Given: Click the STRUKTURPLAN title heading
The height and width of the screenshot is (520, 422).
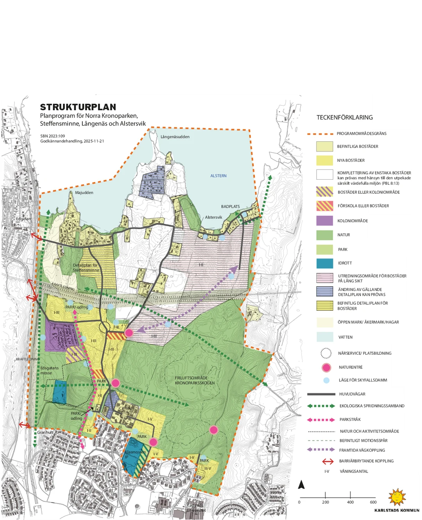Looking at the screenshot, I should pyautogui.click(x=78, y=107).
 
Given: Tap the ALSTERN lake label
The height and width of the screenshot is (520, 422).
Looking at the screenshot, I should pyautogui.click(x=218, y=176).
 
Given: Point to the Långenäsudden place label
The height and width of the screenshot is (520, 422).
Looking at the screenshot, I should pyautogui.click(x=175, y=137).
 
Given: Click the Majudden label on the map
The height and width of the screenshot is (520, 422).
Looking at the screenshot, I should pyautogui.click(x=84, y=193).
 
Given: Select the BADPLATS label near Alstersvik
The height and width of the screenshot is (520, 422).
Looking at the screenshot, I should pyautogui.click(x=230, y=206).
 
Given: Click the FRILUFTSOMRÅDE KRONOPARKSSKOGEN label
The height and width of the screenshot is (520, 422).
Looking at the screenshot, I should pyautogui.click(x=195, y=381).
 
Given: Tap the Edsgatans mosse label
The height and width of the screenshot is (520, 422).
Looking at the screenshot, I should pyautogui.click(x=49, y=370).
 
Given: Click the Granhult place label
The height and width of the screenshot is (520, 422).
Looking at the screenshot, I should pyautogui.click(x=45, y=432).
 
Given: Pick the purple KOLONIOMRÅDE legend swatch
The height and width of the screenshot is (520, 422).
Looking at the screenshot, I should pyautogui.click(x=324, y=221).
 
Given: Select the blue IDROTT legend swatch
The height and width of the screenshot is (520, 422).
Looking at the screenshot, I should pyautogui.click(x=324, y=263).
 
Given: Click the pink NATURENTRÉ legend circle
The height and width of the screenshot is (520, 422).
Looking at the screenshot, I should pyautogui.click(x=326, y=367).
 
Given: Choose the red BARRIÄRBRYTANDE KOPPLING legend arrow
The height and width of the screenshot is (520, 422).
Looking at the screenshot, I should pyautogui.click(x=327, y=461).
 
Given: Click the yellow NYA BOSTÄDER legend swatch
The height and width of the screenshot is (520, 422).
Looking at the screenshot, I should pyautogui.click(x=324, y=160).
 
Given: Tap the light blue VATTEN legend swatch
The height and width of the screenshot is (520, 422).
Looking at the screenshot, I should pyautogui.click(x=324, y=337).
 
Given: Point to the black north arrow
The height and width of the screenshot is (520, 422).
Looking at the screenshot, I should pyautogui.click(x=301, y=484).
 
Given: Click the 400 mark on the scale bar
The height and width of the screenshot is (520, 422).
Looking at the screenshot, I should pyautogui.click(x=350, y=502).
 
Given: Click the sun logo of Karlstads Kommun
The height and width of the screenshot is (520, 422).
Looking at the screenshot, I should pyautogui.click(x=397, y=497).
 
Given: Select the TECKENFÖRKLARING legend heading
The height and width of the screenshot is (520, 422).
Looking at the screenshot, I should pyautogui.click(x=345, y=118).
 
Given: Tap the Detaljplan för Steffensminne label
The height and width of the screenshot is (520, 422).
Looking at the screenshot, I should pyautogui.click(x=86, y=268).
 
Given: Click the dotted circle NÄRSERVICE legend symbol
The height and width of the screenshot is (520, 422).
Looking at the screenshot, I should pyautogui.click(x=326, y=353).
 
